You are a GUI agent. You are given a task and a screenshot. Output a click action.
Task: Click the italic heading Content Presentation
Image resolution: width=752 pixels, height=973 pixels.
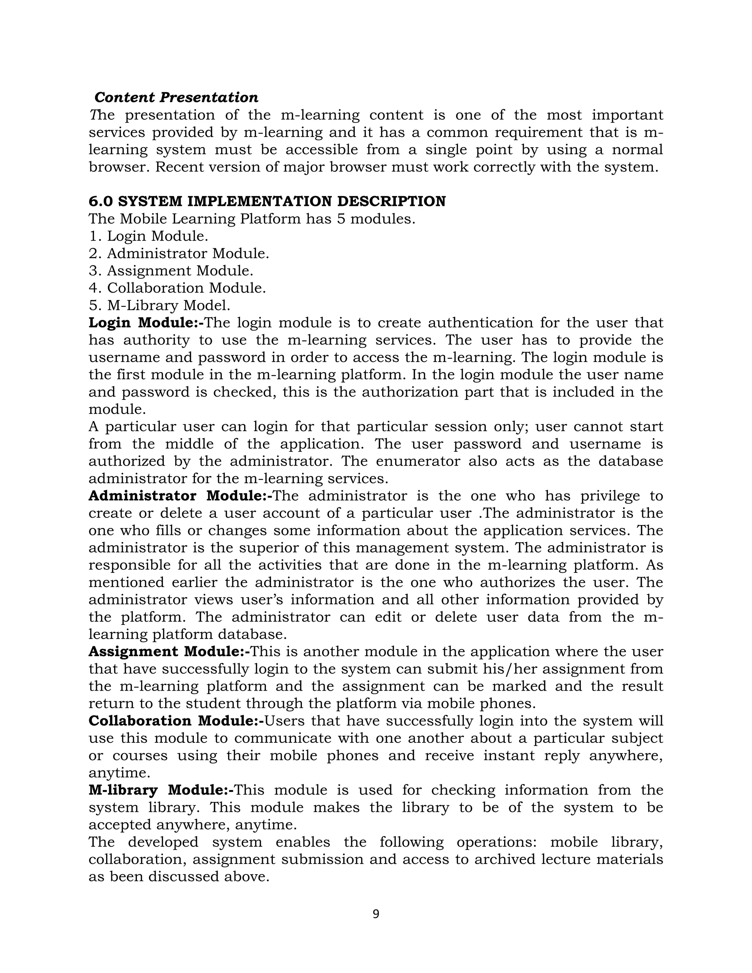tap(176, 97)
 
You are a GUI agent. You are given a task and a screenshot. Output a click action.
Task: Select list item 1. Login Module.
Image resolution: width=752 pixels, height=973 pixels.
tap(148, 236)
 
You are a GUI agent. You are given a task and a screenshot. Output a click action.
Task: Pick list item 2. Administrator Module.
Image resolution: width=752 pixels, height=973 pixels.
tap(179, 253)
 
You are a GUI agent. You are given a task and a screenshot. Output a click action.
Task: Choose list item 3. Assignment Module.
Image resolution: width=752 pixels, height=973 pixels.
tap(171, 271)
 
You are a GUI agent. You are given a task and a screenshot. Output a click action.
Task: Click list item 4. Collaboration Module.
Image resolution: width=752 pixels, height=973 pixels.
tap(177, 288)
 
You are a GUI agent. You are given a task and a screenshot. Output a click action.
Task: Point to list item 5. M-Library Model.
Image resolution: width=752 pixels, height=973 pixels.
tap(159, 305)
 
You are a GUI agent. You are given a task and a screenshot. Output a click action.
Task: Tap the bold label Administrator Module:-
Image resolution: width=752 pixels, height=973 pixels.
tap(180, 496)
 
